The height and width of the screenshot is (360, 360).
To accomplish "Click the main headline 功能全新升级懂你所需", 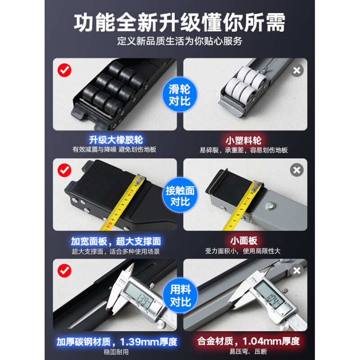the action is click(x=180, y=22).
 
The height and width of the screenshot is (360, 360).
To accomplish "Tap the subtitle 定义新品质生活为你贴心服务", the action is click(x=180, y=41).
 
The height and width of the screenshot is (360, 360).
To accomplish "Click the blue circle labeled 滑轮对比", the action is click(x=180, y=94).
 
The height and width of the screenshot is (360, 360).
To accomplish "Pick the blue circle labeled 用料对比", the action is click(x=180, y=295).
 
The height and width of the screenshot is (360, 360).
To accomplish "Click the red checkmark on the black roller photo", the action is click(x=64, y=70).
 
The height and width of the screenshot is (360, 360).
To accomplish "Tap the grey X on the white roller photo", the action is click(x=297, y=70).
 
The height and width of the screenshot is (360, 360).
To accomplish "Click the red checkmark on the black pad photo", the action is click(x=64, y=171).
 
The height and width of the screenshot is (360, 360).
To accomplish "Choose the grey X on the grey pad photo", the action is click(x=297, y=170).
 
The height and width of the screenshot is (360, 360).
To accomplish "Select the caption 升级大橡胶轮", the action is click(x=116, y=140).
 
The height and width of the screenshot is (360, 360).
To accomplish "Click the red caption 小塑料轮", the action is click(x=243, y=140).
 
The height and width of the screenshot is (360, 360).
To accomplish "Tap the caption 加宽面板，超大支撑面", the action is click(x=116, y=241).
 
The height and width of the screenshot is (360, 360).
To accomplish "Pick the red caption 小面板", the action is click(x=243, y=241).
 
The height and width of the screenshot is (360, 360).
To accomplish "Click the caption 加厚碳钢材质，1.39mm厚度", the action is click(x=117, y=342).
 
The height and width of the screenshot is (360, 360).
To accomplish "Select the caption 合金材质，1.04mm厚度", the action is click(x=248, y=341).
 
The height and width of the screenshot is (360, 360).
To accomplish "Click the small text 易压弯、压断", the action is click(x=248, y=351).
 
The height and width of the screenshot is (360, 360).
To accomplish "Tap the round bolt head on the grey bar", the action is click(x=270, y=206).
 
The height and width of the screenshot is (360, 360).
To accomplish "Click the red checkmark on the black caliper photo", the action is click(x=64, y=271).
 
